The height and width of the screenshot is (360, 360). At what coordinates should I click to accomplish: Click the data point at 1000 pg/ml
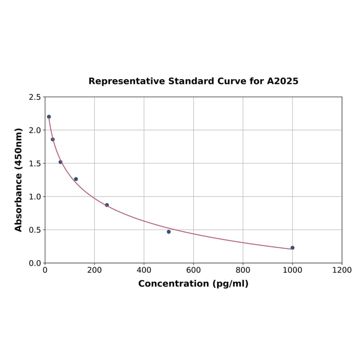click(x=292, y=248)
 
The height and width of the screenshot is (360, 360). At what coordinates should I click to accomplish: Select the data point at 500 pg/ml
click(x=169, y=232)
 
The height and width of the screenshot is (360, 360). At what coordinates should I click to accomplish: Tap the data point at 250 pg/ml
click(x=107, y=205)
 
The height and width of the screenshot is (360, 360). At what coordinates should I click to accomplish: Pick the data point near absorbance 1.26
click(x=76, y=179)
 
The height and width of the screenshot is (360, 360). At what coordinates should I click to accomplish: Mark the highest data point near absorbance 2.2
click(x=49, y=117)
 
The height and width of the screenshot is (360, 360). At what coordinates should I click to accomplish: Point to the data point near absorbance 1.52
click(x=60, y=162)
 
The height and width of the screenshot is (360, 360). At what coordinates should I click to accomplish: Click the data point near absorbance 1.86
click(x=53, y=139)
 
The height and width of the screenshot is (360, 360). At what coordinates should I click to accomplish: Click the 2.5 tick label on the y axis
click(x=35, y=97)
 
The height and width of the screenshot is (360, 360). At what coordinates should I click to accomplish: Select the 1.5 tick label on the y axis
click(x=35, y=164)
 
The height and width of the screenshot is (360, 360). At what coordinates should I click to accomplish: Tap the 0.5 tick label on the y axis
click(x=35, y=230)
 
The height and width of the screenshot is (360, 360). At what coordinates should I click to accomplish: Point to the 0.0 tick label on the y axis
click(x=35, y=263)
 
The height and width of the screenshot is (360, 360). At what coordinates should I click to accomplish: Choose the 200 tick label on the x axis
click(x=94, y=270)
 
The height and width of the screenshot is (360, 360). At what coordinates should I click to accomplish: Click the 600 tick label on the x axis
click(x=193, y=270)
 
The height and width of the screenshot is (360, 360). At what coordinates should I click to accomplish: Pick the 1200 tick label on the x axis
click(x=342, y=270)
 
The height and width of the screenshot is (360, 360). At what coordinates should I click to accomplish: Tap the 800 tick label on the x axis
click(x=243, y=270)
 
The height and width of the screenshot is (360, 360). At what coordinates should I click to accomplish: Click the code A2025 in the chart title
click(x=282, y=82)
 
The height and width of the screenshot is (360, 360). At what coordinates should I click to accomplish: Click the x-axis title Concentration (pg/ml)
click(x=193, y=284)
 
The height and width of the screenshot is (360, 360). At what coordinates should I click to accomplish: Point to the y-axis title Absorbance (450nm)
click(x=19, y=180)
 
